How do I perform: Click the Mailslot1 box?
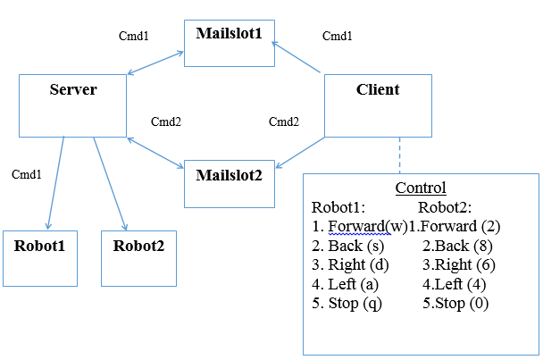229,44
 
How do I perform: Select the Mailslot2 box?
229,184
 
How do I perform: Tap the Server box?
72,105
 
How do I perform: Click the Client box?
377,105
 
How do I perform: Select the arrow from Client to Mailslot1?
297,56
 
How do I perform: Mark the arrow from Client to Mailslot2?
298,151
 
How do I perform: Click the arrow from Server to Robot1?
55,183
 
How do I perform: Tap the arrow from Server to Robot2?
110,183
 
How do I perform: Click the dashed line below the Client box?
399,155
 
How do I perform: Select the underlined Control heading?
420,188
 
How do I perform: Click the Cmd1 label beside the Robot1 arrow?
26,174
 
